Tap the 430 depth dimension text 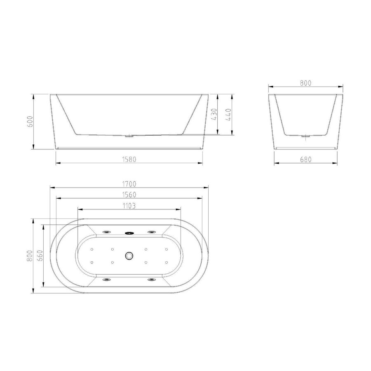pos(214,114)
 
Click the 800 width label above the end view pos(305,83)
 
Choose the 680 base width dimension pos(305,159)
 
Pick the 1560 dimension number pos(129,194)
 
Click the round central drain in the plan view pos(129,256)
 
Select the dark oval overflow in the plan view pos(130,232)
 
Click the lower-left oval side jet pos(107,280)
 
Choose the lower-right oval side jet pos(152,280)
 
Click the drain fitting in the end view pos(305,136)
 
